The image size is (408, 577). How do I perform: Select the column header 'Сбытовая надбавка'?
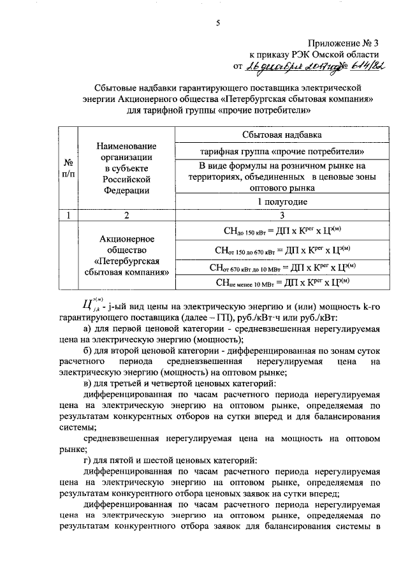pyautogui.click(x=281, y=135)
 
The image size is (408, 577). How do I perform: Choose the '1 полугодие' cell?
pyautogui.click(x=281, y=201)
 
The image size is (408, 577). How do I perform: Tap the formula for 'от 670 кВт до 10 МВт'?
pyautogui.click(x=281, y=267)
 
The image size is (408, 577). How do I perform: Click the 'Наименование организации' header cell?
pyautogui.click(x=126, y=167)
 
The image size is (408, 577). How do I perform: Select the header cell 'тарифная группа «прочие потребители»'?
pyautogui.click(x=281, y=152)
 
